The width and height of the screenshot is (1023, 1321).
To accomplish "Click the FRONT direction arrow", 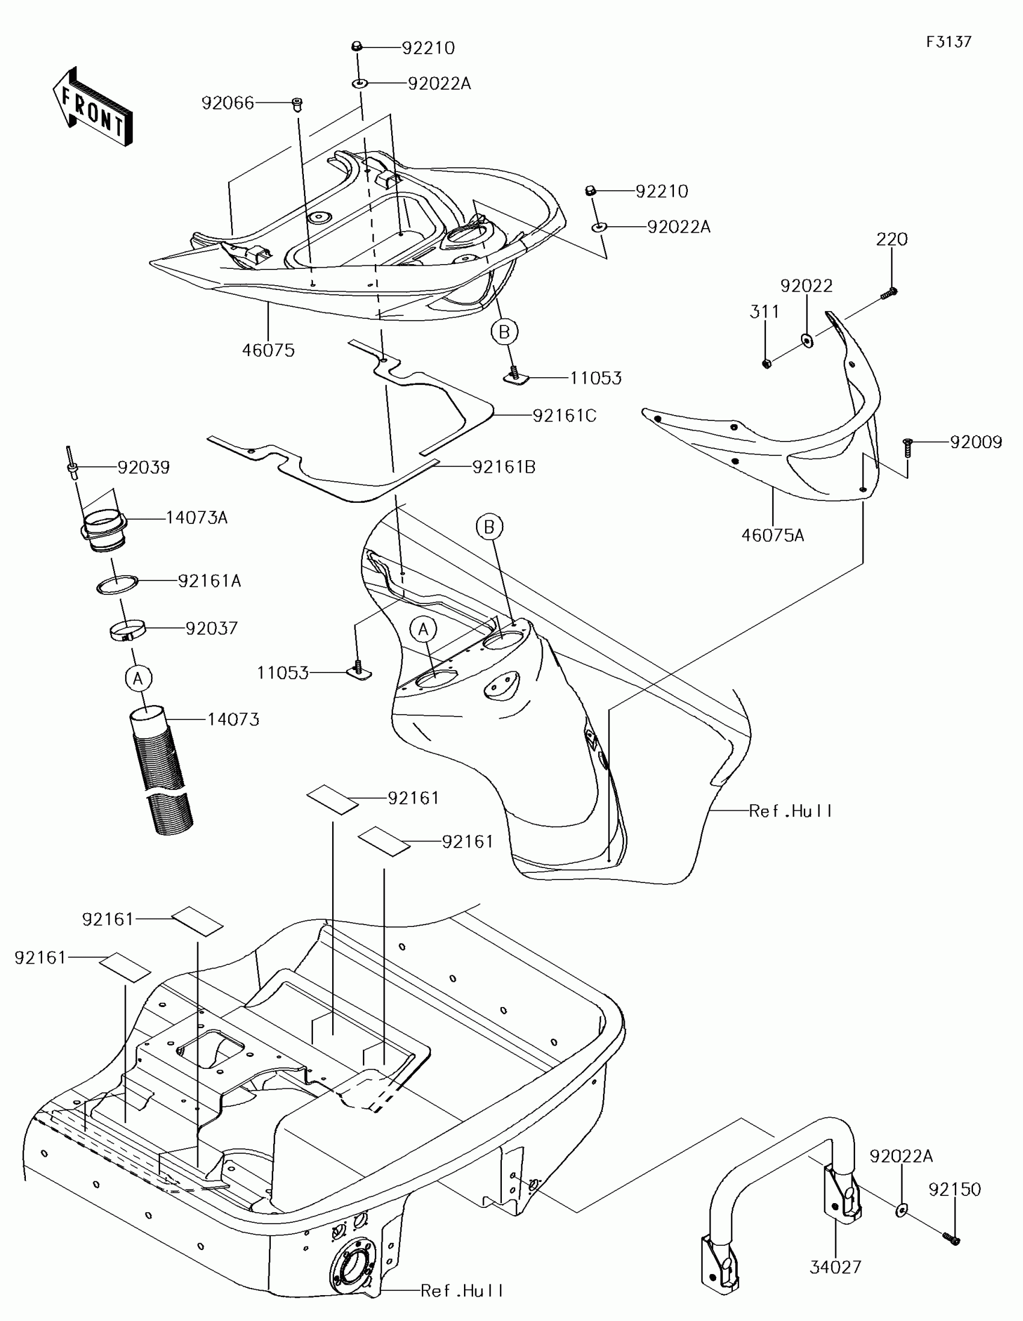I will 92,107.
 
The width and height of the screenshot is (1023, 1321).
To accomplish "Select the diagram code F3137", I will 948,42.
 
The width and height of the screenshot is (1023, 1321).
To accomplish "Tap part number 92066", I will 227,103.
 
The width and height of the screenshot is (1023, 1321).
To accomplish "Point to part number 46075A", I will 773,535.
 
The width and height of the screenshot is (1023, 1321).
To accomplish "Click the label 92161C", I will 564,416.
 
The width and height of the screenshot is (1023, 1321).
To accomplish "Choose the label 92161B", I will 503,467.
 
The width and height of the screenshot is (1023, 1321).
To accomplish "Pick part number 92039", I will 143,467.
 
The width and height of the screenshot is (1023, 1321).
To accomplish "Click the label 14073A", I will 197,518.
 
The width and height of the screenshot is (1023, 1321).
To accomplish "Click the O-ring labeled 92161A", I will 117,584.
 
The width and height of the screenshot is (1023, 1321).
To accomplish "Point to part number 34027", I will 835,1267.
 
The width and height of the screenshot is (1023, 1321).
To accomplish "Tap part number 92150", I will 954,1189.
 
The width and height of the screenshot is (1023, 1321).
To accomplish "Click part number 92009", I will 976,442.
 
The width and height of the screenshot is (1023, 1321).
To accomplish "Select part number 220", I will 892,239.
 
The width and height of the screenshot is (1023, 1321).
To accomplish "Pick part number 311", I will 765,312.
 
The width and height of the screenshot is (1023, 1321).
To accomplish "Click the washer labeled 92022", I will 807,340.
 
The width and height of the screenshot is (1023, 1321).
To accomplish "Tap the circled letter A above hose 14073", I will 138,679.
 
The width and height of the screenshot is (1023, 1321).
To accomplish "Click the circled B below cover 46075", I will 504,331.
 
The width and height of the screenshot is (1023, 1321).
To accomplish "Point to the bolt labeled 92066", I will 297,105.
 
